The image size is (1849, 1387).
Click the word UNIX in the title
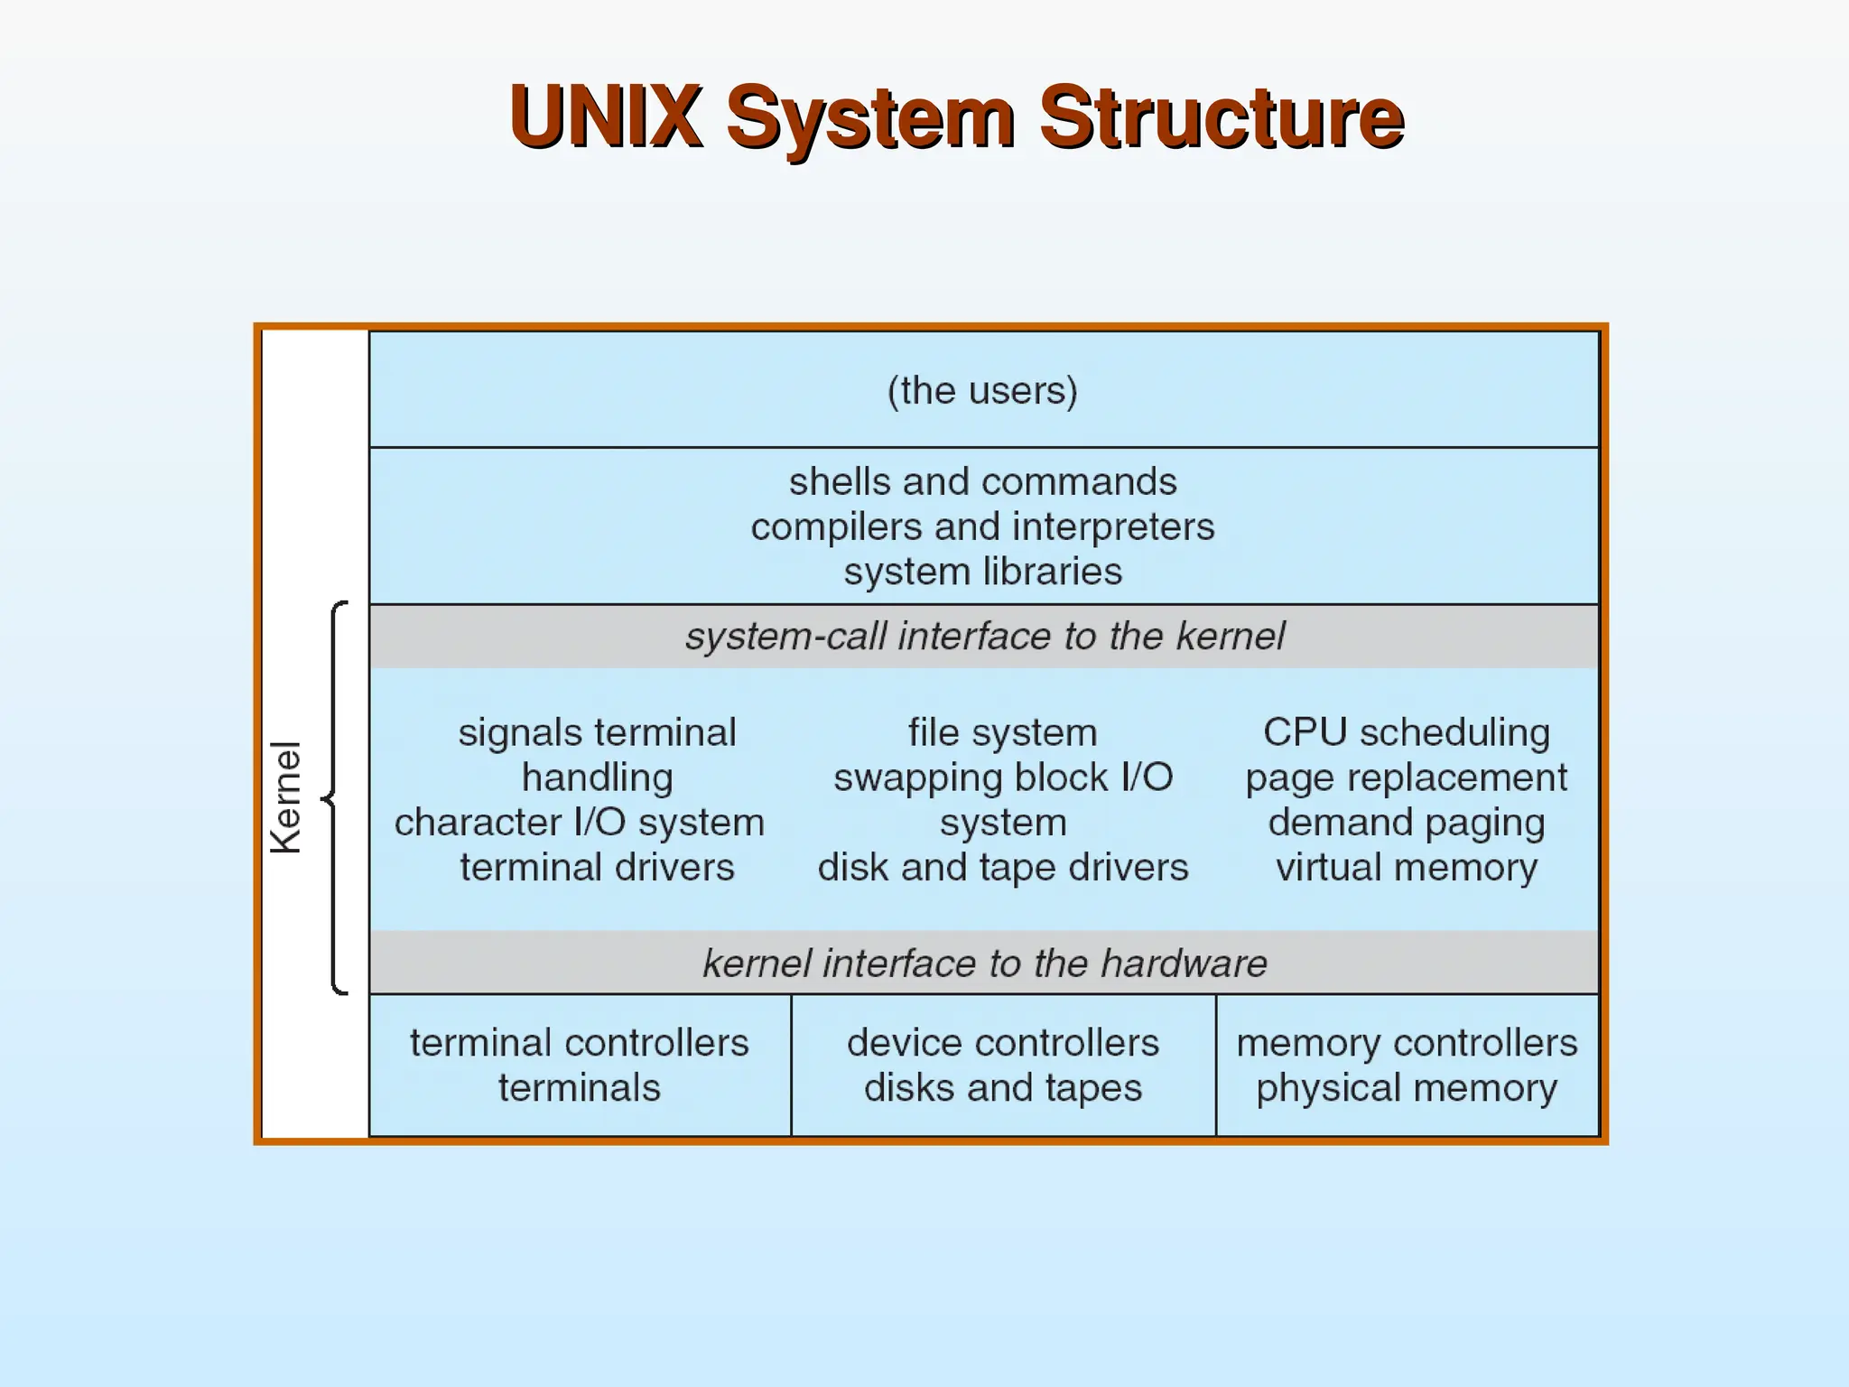click(x=605, y=116)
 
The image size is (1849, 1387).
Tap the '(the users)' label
click(x=982, y=391)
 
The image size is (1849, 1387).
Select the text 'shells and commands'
click(x=982, y=482)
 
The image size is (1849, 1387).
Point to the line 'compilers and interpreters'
click(x=982, y=527)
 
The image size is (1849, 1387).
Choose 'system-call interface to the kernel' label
click(x=984, y=637)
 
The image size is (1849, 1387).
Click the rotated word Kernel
click(x=286, y=797)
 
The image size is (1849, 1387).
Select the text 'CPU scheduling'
click(x=1406, y=732)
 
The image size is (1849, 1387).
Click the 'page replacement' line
click(x=1406, y=777)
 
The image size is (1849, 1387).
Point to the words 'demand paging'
click(x=1406, y=823)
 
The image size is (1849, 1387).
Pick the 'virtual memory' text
click(x=1406, y=868)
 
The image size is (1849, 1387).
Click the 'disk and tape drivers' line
click(x=1002, y=868)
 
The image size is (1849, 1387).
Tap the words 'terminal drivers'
click(x=597, y=868)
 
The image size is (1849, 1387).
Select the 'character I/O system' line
click(x=579, y=823)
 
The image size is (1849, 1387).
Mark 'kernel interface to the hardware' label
click(x=984, y=963)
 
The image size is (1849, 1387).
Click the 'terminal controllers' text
click(x=579, y=1043)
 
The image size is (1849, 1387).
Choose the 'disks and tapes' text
click(x=1002, y=1088)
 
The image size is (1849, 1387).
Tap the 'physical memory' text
click(x=1406, y=1088)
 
